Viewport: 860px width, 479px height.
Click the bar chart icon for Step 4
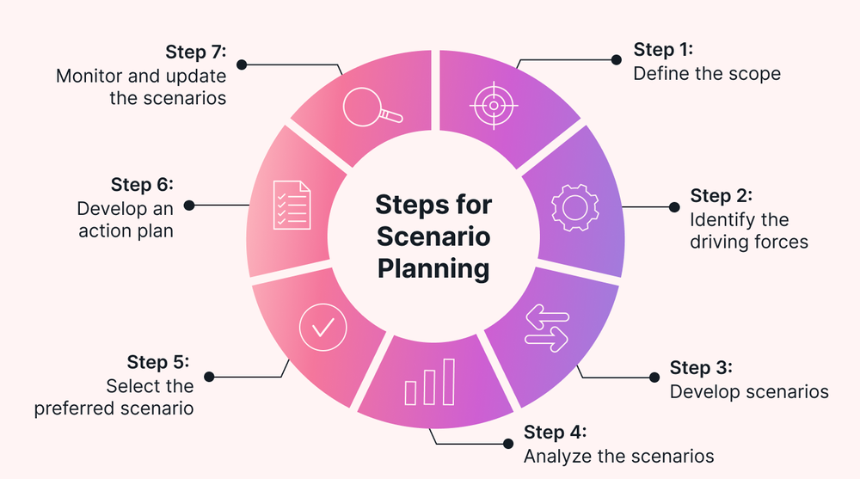point(429,382)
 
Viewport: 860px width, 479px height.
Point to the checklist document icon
point(292,205)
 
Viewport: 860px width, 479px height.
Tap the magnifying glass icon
point(370,109)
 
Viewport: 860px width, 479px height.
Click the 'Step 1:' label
point(663,49)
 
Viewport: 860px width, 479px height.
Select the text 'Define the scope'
point(707,74)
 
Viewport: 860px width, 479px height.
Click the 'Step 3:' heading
point(700,367)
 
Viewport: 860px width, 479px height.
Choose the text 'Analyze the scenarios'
point(618,457)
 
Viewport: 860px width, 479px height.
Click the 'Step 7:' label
point(195,51)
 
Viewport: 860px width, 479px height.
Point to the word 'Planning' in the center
point(433,267)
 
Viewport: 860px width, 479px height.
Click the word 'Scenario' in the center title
point(433,236)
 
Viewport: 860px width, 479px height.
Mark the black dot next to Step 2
point(674,207)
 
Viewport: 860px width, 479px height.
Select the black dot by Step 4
point(507,445)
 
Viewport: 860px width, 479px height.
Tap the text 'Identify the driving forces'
point(748,231)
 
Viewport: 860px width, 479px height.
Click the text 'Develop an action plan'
point(125,219)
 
